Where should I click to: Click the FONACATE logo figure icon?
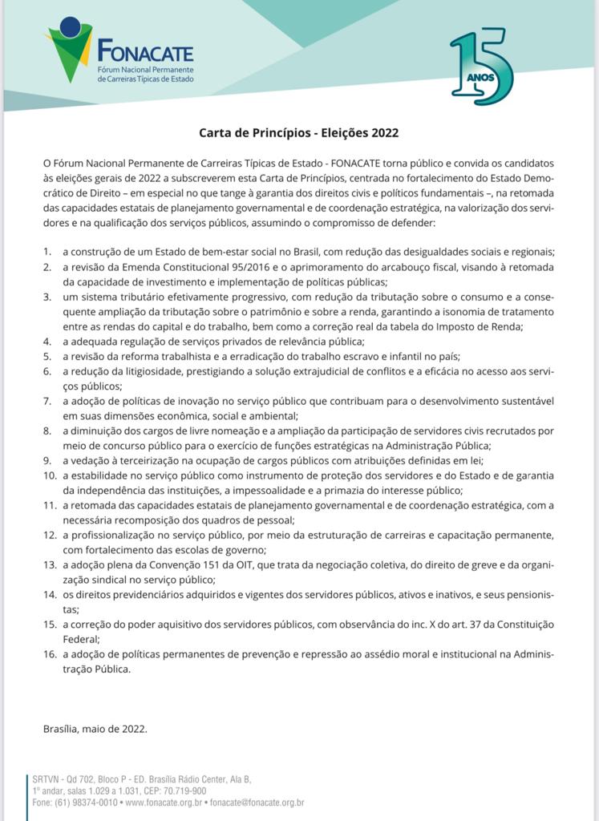[69, 48]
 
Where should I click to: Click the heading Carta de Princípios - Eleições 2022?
[299, 133]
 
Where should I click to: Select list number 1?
[47, 252]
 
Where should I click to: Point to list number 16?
[50, 654]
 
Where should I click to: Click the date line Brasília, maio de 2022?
[95, 729]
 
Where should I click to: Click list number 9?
[47, 460]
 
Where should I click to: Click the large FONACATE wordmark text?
[145, 54]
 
